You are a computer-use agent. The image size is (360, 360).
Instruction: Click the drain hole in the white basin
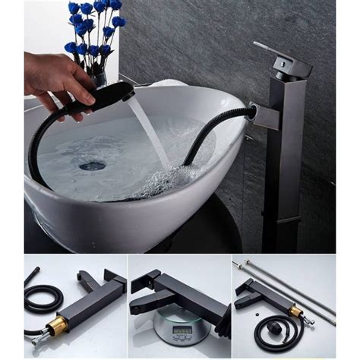(x=92, y=165)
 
